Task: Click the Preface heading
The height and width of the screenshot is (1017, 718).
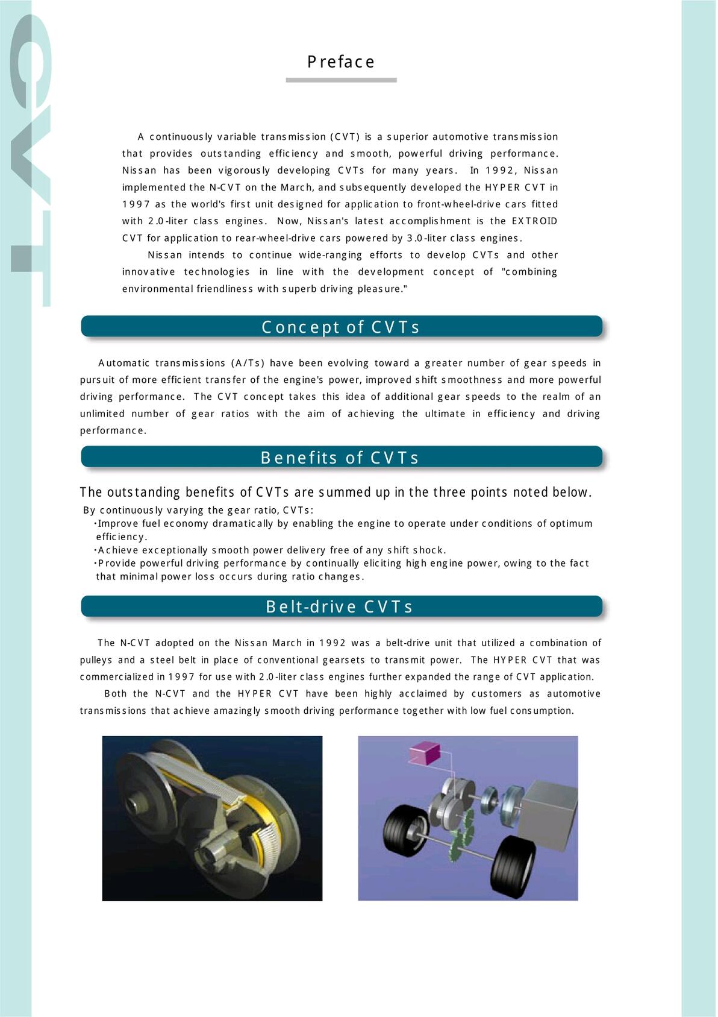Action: click(341, 62)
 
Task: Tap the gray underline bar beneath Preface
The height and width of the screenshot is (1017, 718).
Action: click(341, 80)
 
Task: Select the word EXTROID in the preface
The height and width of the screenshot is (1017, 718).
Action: click(534, 221)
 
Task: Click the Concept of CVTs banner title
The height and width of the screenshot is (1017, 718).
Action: click(341, 327)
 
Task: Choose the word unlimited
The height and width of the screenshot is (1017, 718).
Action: click(102, 414)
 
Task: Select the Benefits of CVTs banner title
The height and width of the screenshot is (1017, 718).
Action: click(340, 458)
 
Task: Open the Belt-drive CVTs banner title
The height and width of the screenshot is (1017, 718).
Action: click(340, 606)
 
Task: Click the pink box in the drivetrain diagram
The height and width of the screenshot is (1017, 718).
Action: click(425, 754)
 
